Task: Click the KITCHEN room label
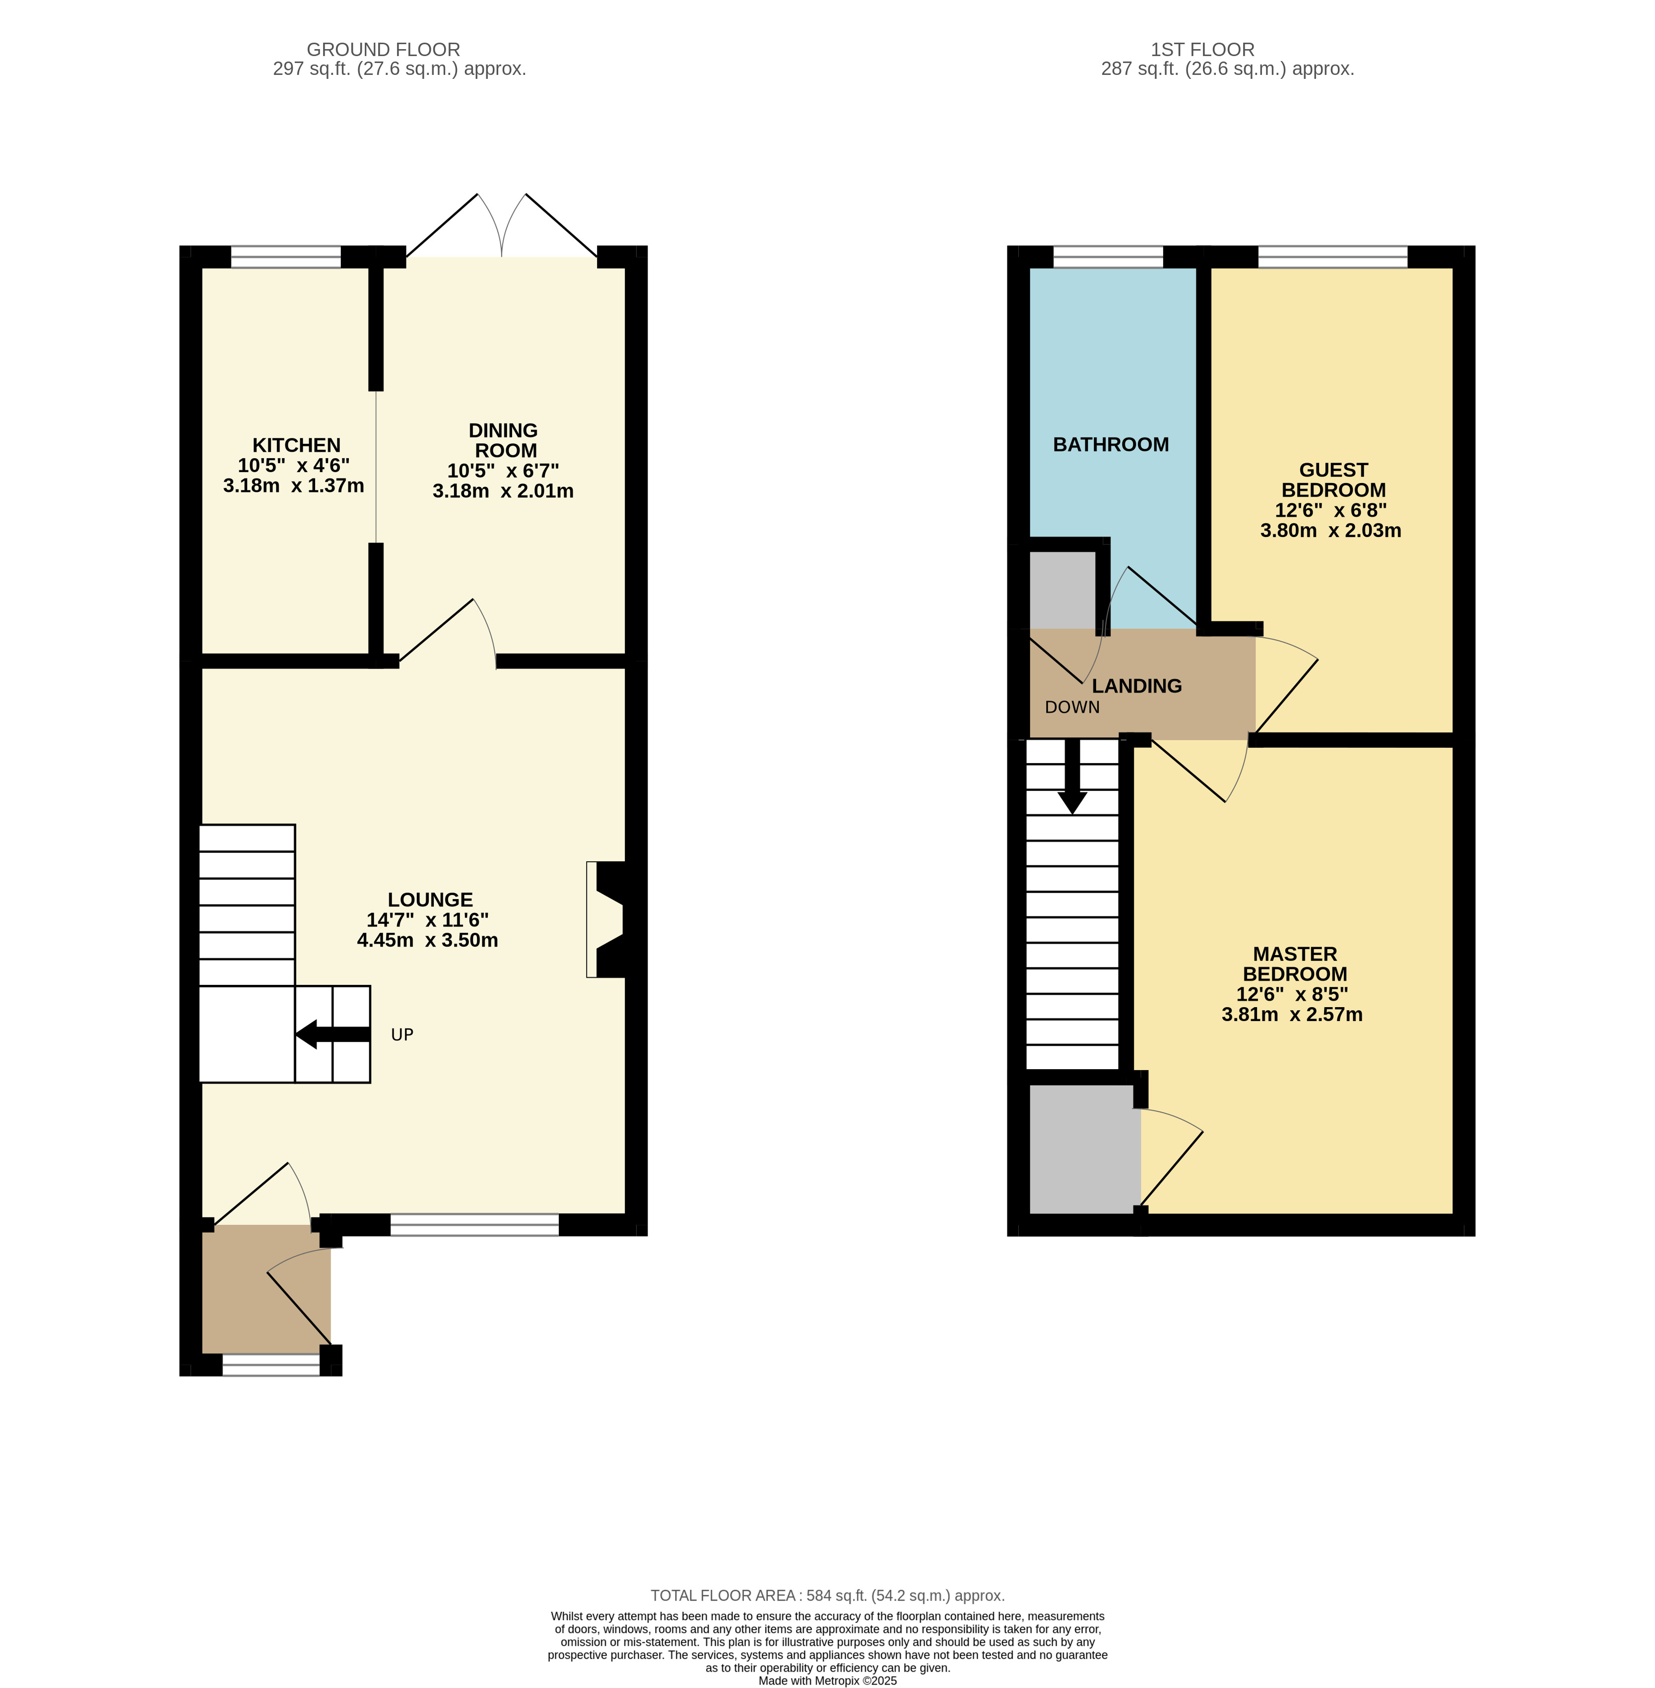(x=296, y=445)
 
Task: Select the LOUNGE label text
(x=430, y=900)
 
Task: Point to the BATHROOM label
(x=1111, y=445)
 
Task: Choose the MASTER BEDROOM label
(x=1295, y=965)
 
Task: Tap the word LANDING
(x=1137, y=686)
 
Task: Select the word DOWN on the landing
(x=1072, y=707)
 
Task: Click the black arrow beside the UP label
(x=333, y=1035)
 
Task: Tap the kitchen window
(x=286, y=257)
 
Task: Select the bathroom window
(x=1108, y=257)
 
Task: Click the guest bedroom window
(x=1332, y=257)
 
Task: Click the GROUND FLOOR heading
(x=383, y=50)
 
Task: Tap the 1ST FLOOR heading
(x=1203, y=50)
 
